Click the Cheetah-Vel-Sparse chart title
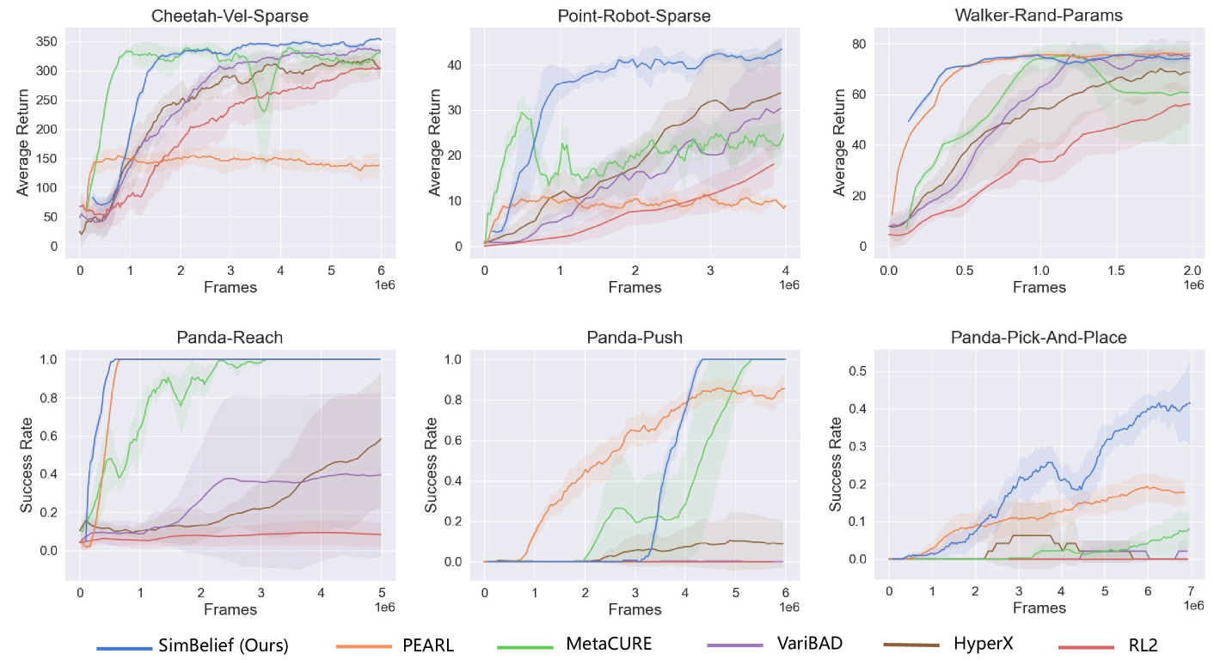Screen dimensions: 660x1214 [x=230, y=16]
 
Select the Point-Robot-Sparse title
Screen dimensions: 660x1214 [x=635, y=16]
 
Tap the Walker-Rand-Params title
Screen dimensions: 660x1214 [x=1039, y=16]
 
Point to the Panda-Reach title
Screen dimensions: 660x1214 [x=230, y=338]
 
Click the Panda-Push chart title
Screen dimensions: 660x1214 [x=635, y=338]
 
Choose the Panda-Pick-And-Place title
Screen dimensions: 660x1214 [x=1039, y=338]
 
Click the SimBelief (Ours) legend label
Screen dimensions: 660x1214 [x=224, y=645]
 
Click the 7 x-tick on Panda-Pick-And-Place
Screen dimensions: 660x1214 [x=1190, y=592]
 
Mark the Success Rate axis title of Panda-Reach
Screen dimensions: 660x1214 [x=27, y=465]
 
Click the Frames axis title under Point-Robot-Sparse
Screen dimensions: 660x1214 [x=635, y=287]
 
